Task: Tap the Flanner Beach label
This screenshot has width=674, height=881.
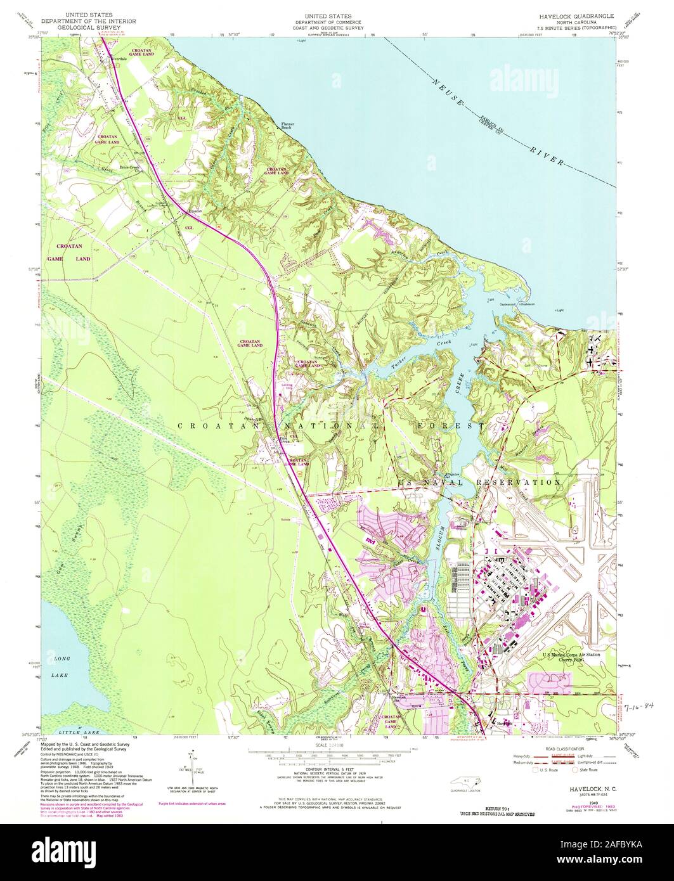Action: tap(290, 125)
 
